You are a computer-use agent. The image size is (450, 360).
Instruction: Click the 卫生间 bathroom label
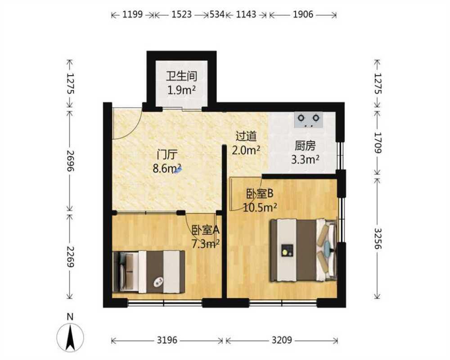click(182, 76)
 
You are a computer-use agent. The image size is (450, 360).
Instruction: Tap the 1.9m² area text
click(182, 90)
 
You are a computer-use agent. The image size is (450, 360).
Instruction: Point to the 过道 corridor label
click(246, 136)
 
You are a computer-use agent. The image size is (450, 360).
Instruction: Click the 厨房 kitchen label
click(305, 146)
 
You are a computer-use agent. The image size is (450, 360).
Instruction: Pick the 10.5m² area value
click(260, 207)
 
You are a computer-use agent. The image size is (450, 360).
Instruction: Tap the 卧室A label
click(206, 229)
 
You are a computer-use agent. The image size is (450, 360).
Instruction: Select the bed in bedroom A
click(148, 272)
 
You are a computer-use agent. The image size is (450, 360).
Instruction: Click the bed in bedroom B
click(304, 250)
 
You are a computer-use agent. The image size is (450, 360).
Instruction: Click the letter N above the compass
click(70, 317)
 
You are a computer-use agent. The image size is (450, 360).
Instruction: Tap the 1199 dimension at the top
click(133, 14)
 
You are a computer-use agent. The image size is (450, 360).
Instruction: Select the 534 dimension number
click(217, 14)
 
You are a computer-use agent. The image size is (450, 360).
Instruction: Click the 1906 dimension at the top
click(303, 14)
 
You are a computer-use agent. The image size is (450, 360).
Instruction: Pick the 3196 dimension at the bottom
click(167, 341)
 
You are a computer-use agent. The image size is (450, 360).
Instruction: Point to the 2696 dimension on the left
click(70, 161)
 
